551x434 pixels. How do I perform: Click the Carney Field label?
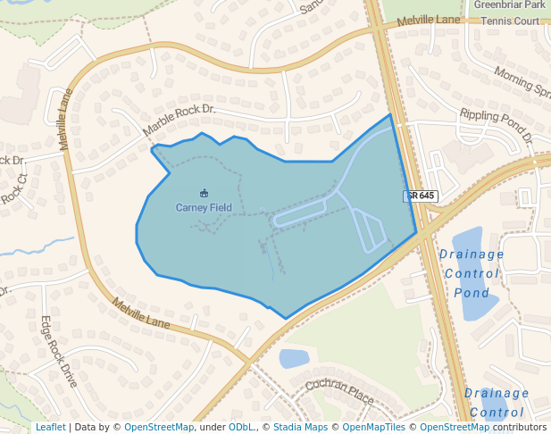[203, 208]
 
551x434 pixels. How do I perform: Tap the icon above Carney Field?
[204, 193]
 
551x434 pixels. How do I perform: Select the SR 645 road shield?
[419, 196]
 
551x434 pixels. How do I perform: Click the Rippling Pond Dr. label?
[496, 126]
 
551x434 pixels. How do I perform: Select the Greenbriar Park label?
[509, 4]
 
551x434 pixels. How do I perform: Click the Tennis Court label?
[510, 21]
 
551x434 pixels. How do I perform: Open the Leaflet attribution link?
[50, 428]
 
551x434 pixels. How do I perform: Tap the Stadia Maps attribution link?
[299, 428]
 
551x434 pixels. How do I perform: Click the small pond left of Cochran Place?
[294, 359]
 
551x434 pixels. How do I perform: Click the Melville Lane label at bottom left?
[140, 313]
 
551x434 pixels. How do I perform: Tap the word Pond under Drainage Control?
[471, 293]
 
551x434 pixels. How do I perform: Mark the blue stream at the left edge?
[36, 246]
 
